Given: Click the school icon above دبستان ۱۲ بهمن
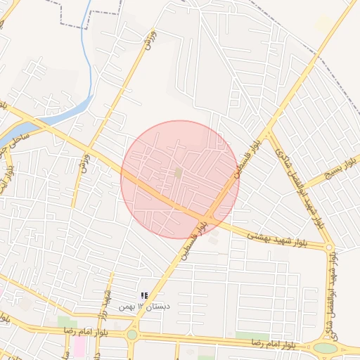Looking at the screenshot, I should [143, 296].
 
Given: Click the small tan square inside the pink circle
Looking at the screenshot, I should [179, 172].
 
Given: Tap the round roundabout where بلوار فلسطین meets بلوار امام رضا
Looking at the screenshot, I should [132, 335].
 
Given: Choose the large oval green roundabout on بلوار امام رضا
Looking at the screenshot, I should [326, 347].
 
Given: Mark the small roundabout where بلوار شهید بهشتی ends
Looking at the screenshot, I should [328, 247].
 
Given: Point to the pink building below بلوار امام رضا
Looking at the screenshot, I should [79, 345].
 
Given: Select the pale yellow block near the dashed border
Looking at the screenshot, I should [324, 25].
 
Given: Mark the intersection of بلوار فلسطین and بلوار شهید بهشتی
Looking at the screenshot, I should [210, 214].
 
